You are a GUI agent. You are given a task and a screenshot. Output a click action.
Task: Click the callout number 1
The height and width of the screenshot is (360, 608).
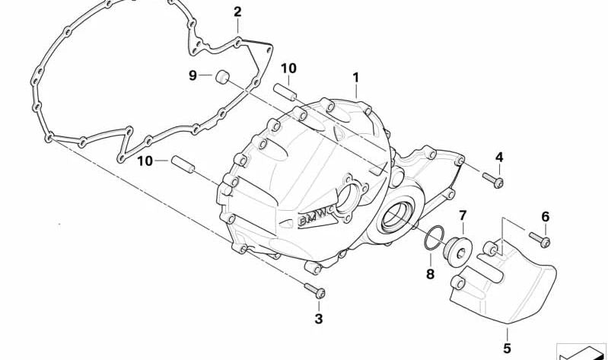tap(355, 78)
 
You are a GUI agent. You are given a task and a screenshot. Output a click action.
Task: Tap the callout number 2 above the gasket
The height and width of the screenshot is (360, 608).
tap(237, 11)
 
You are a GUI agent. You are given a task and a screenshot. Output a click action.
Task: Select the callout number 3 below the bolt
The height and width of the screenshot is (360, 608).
tap(318, 319)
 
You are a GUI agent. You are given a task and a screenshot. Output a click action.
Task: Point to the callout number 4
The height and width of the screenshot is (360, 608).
tap(499, 157)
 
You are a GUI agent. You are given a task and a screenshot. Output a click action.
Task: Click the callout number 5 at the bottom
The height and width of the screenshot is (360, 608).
tap(508, 348)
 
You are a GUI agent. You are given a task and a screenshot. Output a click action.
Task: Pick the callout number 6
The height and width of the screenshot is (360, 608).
tap(545, 216)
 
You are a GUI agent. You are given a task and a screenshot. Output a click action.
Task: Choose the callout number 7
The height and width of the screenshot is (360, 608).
tap(463, 215)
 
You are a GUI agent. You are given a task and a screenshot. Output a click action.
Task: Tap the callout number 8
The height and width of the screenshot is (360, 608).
tap(430, 274)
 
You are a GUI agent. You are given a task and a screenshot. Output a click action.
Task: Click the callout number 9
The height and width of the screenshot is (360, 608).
tap(193, 75)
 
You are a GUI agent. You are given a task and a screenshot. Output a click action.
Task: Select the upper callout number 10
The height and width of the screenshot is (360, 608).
tap(288, 68)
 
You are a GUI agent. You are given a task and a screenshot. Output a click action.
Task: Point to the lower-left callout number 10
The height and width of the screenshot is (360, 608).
tap(145, 161)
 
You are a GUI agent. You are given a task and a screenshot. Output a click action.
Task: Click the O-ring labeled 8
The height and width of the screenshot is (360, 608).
tap(434, 237)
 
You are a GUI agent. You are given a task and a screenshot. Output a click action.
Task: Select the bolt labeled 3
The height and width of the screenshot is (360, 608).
tap(315, 291)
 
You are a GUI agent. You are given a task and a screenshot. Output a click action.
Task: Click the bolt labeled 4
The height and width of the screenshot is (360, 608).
tap(493, 180)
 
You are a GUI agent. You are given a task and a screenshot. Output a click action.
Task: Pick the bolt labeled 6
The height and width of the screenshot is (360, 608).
tap(540, 239)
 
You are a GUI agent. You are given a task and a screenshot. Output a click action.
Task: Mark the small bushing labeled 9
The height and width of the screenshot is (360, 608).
tap(222, 76)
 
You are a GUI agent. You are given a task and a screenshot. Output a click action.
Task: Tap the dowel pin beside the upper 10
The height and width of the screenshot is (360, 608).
tap(285, 91)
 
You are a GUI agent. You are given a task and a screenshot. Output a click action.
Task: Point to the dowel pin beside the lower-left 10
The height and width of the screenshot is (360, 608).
tap(183, 164)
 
